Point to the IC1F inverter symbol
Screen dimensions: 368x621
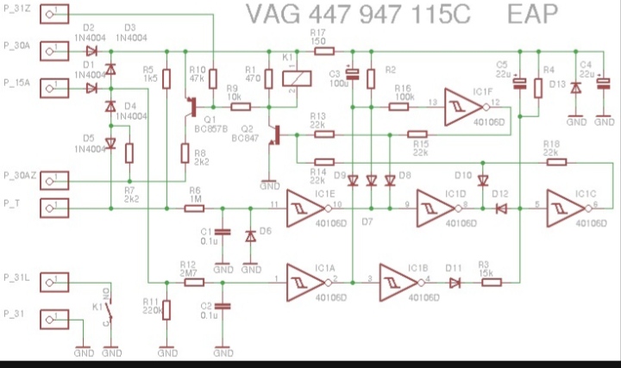tap(464, 104)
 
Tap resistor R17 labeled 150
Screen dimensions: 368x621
tap(323, 51)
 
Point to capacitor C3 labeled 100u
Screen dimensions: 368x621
tap(352, 77)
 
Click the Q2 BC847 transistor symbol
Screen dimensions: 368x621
tap(273, 134)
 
